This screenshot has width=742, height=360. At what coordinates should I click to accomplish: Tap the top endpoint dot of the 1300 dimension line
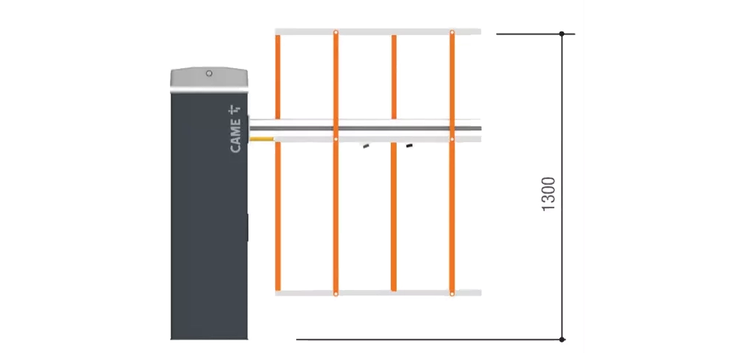pos(562,34)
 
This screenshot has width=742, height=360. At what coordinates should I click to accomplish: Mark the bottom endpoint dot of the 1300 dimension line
pos(562,339)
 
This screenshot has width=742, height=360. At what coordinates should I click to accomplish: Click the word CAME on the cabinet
pos(235,136)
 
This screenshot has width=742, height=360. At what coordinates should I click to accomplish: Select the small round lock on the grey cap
pos(209,73)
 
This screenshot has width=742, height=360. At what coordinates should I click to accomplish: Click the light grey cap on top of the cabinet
pos(209,79)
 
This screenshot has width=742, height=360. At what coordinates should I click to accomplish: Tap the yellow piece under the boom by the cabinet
pos(261,139)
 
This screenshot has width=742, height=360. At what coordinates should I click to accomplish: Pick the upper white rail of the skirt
pos(378,32)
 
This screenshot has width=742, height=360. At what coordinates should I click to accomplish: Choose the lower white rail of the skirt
pos(378,293)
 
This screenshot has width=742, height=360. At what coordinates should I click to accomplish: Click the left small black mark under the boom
pos(366,146)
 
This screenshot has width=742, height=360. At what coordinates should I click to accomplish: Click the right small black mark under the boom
pos(409,146)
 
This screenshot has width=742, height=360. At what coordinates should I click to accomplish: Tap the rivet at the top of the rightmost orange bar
pos(452,32)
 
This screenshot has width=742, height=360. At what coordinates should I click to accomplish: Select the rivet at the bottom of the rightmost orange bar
pos(452,294)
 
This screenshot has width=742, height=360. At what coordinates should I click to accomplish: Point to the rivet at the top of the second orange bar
pos(336,32)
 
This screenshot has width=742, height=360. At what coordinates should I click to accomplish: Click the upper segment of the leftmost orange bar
pos(278,77)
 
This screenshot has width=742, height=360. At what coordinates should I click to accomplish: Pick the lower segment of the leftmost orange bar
pos(278,216)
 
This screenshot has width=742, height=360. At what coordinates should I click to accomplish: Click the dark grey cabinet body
pos(209,216)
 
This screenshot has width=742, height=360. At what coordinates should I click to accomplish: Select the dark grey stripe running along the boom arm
pos(365,128)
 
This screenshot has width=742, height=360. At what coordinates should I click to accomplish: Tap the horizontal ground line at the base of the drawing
pos(429,339)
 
